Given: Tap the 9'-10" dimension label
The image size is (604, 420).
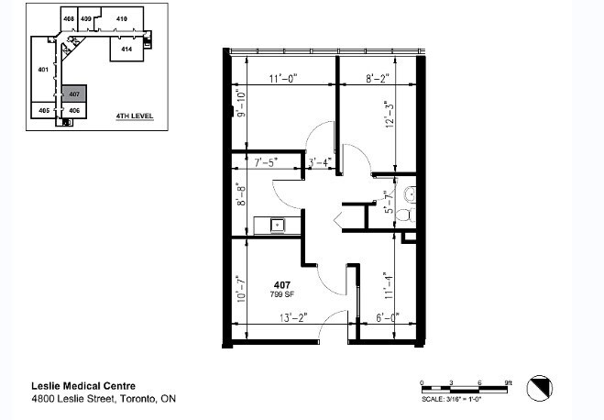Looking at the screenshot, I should [x=241, y=105].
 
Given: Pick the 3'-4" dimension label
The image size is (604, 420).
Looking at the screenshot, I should [x=318, y=163].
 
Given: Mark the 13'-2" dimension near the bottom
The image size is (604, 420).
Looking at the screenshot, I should [x=293, y=318].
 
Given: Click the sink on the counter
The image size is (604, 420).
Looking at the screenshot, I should [x=276, y=224].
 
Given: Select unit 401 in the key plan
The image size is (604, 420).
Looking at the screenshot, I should [x=42, y=69].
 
